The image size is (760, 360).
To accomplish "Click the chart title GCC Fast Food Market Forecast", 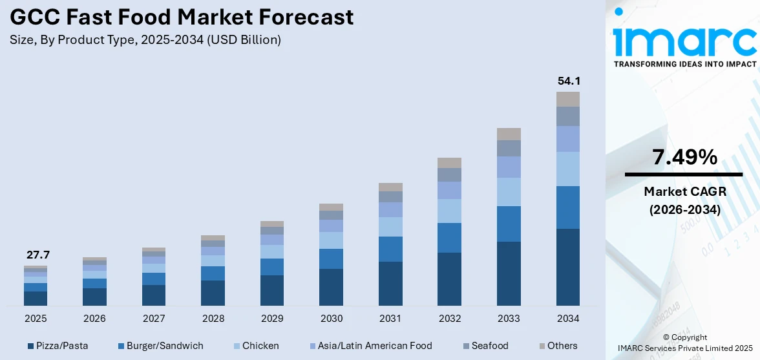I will click(182, 17).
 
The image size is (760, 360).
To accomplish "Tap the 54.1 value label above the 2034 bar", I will click(568, 81).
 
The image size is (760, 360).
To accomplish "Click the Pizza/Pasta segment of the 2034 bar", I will click(568, 267).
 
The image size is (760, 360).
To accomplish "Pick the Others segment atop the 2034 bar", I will click(568, 99).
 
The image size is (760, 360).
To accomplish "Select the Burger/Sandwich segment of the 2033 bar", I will click(509, 224).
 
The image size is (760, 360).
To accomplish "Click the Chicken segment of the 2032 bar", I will click(449, 211).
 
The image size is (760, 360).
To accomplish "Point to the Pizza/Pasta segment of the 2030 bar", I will click(331, 287).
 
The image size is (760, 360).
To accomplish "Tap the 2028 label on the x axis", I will click(213, 319).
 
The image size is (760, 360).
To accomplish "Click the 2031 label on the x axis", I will click(390, 319).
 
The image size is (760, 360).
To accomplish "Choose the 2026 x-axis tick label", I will click(94, 319).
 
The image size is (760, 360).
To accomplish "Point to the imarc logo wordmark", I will click(684, 40).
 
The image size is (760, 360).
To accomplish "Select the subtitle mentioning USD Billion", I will click(145, 40).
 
